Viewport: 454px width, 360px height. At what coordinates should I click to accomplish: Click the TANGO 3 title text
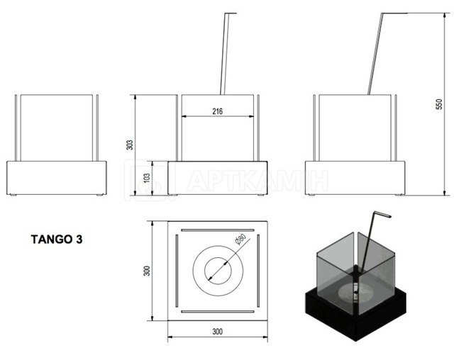(57, 239)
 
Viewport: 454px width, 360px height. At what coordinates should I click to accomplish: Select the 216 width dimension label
(218, 111)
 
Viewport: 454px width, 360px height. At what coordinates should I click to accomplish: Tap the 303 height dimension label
(130, 145)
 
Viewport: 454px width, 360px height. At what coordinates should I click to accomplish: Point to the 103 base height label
(147, 178)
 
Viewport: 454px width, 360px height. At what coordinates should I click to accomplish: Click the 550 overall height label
(439, 104)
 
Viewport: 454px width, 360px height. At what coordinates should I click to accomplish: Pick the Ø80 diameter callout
(240, 240)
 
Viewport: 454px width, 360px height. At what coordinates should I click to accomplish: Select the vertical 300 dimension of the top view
(147, 271)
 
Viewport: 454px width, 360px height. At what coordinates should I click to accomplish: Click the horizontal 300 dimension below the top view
(218, 332)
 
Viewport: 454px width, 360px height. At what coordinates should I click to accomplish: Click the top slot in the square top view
(218, 230)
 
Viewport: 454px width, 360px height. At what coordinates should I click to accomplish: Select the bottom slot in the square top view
(218, 312)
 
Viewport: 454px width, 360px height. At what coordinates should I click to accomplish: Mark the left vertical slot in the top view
(177, 271)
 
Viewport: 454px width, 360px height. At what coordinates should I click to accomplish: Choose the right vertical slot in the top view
(258, 271)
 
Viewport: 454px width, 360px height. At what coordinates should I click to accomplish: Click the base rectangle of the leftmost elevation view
(57, 178)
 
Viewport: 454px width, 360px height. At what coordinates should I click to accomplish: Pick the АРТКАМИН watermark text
(257, 181)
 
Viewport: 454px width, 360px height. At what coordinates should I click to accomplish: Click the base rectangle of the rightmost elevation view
(355, 178)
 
